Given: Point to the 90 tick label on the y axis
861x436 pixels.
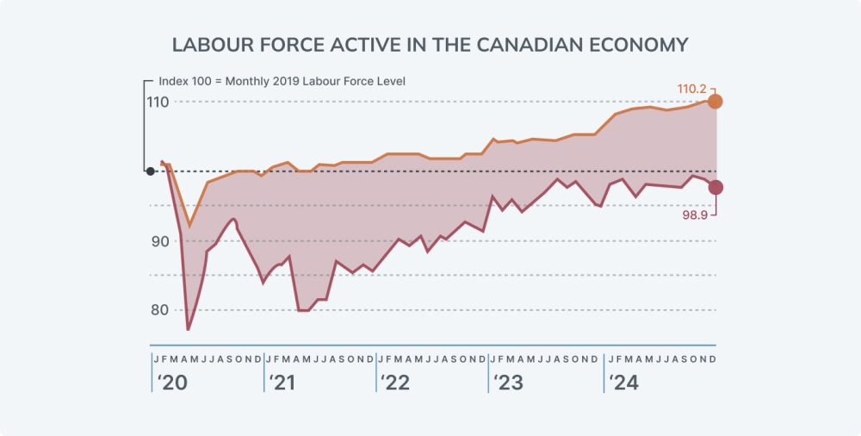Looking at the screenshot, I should [x=160, y=241].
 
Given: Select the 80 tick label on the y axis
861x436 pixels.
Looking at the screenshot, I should [x=160, y=310].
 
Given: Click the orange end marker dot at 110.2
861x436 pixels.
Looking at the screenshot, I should [x=715, y=102].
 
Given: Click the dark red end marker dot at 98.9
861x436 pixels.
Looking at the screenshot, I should [x=715, y=187].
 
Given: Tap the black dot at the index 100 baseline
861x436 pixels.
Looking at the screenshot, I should [x=151, y=171].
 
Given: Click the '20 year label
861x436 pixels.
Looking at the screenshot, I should [x=170, y=383].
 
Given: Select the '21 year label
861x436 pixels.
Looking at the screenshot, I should [x=282, y=383].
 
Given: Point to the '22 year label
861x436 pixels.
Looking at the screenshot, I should [x=395, y=383].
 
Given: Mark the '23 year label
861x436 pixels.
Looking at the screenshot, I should [x=508, y=383].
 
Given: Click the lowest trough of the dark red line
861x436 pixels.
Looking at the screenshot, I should [x=188, y=330].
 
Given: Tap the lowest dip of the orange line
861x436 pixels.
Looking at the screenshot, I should [x=189, y=226].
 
